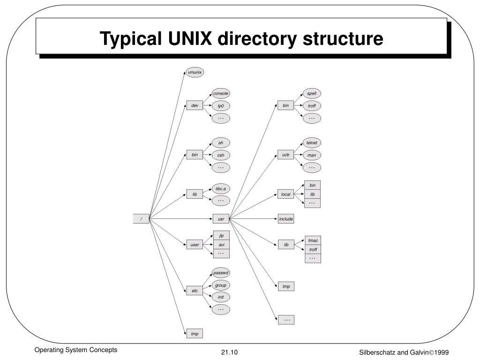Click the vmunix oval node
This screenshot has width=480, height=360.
coord(195,73)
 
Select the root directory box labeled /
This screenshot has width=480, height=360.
coord(141,219)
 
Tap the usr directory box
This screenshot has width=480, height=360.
coord(221,219)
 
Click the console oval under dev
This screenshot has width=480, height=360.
coord(220,93)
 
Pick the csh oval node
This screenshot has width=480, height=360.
coord(220,155)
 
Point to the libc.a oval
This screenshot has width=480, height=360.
coord(220,189)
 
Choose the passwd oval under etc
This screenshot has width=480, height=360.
coord(220,273)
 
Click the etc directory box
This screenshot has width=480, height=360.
coord(195,291)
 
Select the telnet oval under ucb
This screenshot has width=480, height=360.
coord(312,142)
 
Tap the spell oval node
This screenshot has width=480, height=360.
coord(312,93)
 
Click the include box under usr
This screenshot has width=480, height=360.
coord(286,219)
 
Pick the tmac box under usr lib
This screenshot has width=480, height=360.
coord(313,240)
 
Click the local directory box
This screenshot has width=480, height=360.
coord(286,194)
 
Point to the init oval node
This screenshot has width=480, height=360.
coord(220,297)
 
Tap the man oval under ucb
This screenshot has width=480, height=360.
coord(312,155)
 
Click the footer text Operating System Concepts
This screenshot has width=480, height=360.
coord(75,350)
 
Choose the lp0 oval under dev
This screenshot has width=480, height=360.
coord(220,106)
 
